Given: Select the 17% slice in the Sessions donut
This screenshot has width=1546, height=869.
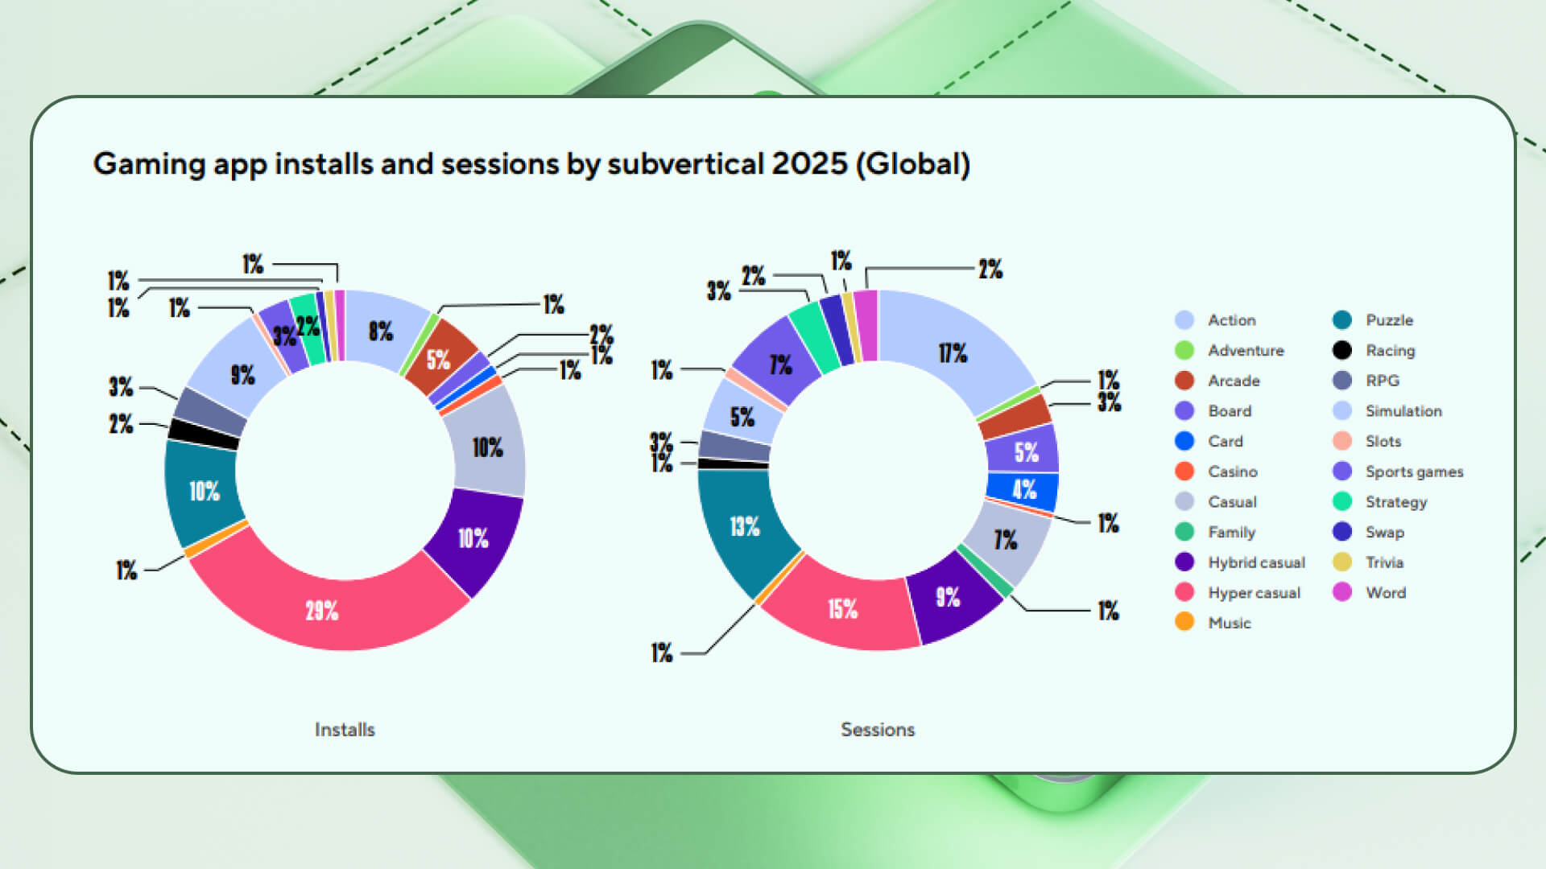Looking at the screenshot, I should click(953, 352).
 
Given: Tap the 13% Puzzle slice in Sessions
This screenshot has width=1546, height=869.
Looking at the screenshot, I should click(745, 526).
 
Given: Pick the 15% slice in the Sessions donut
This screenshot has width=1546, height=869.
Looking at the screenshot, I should click(843, 608).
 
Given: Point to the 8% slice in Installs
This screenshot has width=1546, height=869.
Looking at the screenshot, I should click(381, 331).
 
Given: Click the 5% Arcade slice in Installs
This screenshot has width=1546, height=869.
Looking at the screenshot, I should click(438, 359).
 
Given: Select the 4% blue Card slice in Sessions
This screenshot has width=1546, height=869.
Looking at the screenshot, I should click(1024, 489).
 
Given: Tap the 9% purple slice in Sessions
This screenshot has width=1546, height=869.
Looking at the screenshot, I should click(948, 596).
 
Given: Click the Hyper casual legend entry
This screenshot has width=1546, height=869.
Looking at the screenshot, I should click(1254, 593).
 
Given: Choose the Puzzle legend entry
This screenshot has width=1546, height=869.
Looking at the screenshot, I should click(1389, 320).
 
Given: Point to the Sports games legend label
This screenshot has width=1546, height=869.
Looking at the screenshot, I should click(1414, 472).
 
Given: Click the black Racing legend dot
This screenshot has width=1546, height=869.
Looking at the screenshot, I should click(1342, 350).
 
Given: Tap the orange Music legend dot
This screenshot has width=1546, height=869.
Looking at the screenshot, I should click(1184, 622).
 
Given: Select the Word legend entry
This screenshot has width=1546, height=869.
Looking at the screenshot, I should click(1385, 593).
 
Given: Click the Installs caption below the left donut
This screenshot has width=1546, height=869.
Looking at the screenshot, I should click(345, 730).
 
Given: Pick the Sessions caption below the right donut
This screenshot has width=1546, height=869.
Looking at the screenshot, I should click(878, 730).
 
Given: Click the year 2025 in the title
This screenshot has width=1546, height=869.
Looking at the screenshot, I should click(809, 164).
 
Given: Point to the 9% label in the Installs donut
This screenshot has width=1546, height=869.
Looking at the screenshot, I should click(243, 375).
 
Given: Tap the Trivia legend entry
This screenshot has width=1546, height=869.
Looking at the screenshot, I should click(1384, 562).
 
